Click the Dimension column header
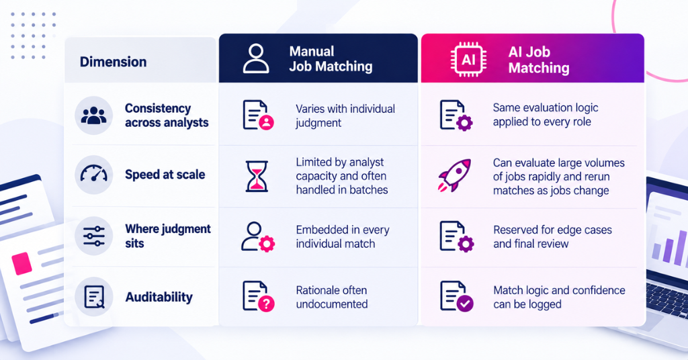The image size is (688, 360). click(113, 62)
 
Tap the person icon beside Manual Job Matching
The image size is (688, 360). click(256, 58)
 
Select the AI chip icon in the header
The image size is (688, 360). click(468, 60)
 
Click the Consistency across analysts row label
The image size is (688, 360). click(167, 116)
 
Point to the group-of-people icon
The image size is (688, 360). click(93, 116)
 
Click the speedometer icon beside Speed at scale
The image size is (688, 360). click(93, 174)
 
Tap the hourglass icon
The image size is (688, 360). click(256, 176)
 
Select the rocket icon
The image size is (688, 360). click(455, 175)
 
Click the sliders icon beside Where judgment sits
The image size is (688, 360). click(93, 236)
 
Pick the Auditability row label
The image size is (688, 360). click(159, 298)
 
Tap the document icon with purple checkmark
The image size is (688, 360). click(457, 296)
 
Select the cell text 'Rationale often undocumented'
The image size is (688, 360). click(332, 298)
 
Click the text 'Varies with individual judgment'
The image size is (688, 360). click(345, 116)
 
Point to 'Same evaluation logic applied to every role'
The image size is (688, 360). click(546, 115)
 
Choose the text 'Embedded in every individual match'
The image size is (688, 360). click(342, 237)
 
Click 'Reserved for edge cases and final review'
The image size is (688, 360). click(552, 237)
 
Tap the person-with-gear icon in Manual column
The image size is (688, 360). click(258, 237)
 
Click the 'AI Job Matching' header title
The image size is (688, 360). click(539, 60)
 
